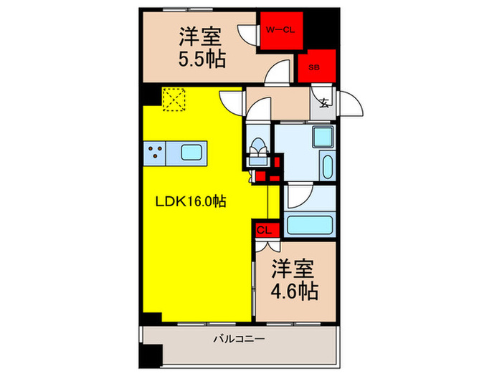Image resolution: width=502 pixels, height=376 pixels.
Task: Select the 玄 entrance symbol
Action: (324, 102)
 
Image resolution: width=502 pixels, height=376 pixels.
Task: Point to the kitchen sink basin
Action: (192, 152)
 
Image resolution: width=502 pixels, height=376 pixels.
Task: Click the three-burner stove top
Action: (156, 152)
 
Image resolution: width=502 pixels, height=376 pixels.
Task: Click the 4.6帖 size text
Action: (294, 291)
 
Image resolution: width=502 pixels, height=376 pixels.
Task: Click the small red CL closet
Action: (263, 230)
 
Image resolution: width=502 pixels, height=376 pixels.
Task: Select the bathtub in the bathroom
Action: (311, 224)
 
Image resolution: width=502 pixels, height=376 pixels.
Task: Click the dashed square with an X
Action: (173, 99)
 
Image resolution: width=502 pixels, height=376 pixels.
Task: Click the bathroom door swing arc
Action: (298, 196)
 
